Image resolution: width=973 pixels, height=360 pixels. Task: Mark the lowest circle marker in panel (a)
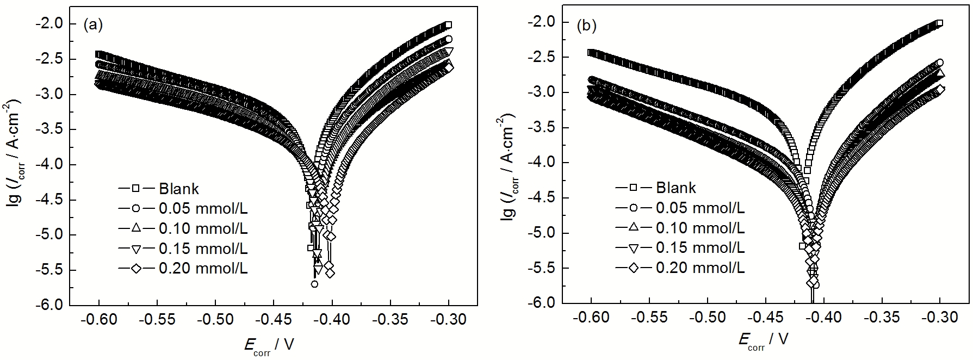click(314, 284)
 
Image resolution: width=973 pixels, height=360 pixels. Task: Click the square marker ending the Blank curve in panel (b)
click(939, 23)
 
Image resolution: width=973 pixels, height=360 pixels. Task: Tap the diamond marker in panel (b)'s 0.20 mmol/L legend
click(634, 268)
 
